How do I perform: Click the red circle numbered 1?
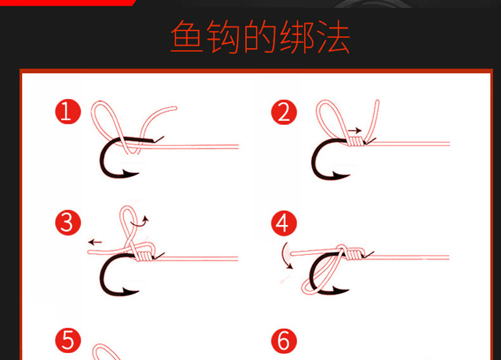[68, 112]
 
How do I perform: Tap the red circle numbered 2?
[283, 112]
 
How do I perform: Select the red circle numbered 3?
[68, 223]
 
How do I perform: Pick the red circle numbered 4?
[283, 223]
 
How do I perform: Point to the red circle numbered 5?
[68, 340]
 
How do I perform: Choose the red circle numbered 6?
[283, 340]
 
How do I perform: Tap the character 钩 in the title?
[224, 39]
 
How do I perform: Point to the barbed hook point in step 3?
[132, 290]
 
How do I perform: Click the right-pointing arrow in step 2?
[355, 131]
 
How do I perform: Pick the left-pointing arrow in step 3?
[94, 241]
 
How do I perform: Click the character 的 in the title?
[260, 39]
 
